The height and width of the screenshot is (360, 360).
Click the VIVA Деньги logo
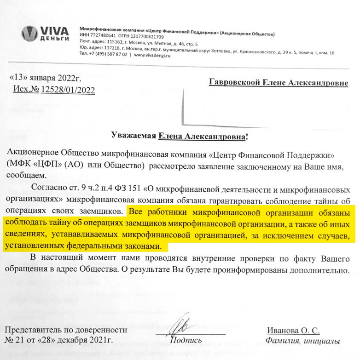46,33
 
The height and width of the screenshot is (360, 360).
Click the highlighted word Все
135,212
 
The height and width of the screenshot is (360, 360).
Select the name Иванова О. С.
293,330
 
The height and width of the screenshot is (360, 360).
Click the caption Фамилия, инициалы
302,341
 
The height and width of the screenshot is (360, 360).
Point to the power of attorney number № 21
13,341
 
